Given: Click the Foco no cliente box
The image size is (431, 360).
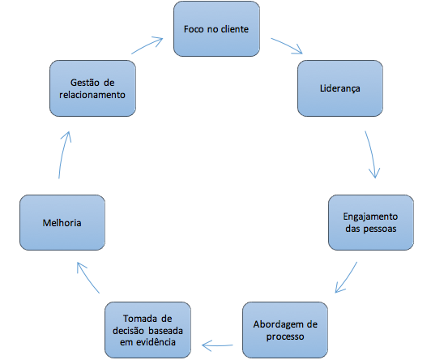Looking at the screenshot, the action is tap(216, 29).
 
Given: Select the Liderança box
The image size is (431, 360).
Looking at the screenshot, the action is tap(340, 88).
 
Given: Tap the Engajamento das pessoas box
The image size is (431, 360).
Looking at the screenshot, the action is tap(371, 222).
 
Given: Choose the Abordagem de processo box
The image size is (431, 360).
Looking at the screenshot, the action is tap(285, 330).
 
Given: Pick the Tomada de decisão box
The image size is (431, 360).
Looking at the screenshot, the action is tap(147, 330).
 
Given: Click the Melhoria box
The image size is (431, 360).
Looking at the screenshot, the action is tap(62, 222).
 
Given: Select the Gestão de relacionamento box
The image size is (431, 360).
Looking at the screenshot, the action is tap(92, 88).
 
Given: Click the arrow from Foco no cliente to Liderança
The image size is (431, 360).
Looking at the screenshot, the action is tap(288, 45).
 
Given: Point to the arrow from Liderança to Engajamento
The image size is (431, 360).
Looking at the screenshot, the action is tap(372, 154).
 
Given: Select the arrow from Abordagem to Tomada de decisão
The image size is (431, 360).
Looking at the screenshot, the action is tap(217, 345).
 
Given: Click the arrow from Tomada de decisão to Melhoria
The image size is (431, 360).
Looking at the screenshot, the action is tap(87, 277).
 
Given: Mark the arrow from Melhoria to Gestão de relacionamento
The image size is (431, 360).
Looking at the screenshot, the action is tap(63, 155).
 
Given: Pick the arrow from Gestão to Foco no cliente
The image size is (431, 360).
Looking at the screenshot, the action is tap(147, 45).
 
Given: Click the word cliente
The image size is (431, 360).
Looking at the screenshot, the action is tap(235, 29).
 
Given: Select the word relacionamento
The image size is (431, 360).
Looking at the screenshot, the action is tap(92, 95).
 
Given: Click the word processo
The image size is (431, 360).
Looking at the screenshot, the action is tap(285, 336).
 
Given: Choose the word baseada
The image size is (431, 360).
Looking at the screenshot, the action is tap(166, 331).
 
